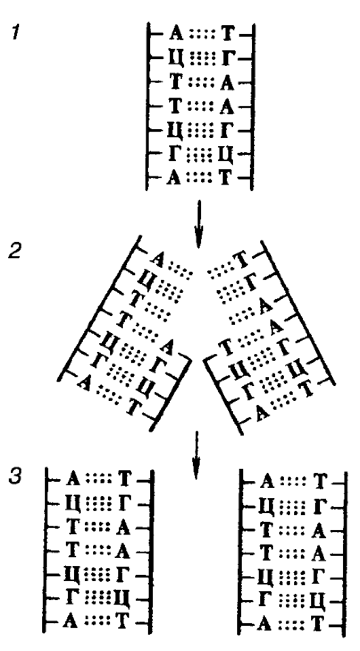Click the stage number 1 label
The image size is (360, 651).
point(16,33)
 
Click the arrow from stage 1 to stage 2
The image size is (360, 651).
point(198,224)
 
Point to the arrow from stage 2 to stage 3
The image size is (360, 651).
point(196,455)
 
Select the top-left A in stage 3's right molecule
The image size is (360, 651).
point(266,483)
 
